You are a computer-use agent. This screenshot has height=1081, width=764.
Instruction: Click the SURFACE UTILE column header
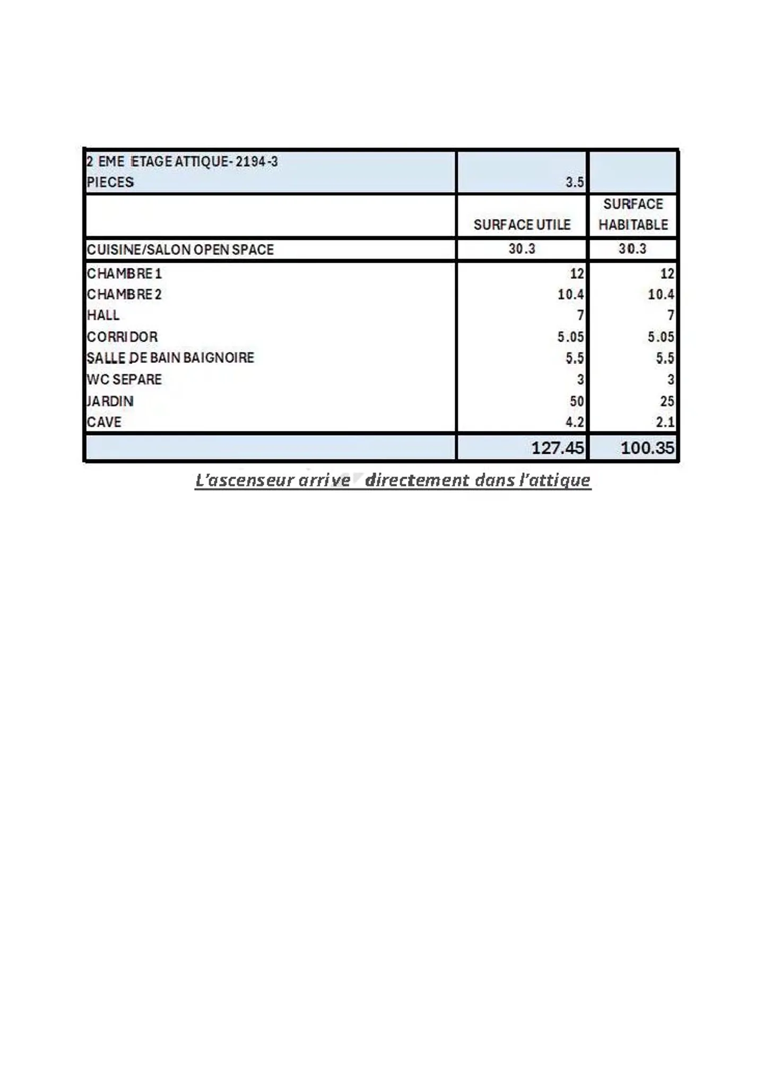522,225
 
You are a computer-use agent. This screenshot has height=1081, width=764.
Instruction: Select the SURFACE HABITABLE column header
633,214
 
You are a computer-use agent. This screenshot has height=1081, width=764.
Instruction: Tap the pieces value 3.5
574,183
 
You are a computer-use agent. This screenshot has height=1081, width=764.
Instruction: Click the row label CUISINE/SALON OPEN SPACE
180,249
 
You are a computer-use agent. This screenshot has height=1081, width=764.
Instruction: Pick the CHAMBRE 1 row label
124,274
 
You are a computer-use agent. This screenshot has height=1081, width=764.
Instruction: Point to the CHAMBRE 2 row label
124,295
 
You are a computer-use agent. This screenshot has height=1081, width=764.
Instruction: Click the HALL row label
103,315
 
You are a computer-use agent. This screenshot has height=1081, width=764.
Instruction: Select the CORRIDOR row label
122,337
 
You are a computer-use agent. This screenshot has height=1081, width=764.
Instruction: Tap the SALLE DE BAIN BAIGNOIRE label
170,358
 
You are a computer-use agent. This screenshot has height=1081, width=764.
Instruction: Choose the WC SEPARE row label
124,379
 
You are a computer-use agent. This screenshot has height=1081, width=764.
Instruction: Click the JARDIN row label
110,401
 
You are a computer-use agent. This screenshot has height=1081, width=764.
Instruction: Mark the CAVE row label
104,422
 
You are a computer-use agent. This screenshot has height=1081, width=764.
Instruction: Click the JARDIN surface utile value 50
576,401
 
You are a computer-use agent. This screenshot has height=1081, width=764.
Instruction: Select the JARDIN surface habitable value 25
667,401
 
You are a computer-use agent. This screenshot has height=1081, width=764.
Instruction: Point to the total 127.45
557,448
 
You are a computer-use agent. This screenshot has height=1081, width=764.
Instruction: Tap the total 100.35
647,448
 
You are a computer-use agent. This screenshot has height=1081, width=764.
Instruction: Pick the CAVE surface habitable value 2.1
665,422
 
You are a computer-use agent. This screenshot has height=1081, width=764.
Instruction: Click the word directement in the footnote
417,480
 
